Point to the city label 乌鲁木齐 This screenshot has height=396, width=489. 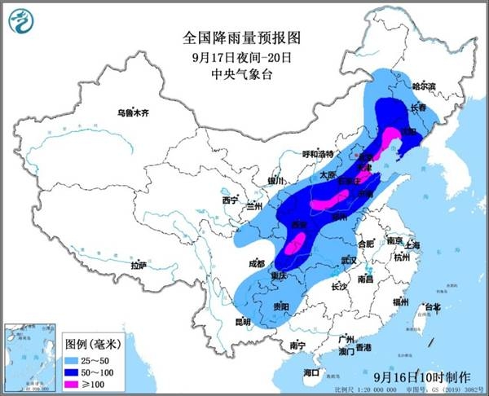click(134, 112)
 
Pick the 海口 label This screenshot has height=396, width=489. click(311, 372)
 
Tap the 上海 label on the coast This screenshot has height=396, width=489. click(412, 244)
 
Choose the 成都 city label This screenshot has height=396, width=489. click(256, 263)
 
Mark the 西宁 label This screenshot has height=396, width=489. click(229, 200)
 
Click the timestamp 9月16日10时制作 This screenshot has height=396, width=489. click(423, 377)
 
